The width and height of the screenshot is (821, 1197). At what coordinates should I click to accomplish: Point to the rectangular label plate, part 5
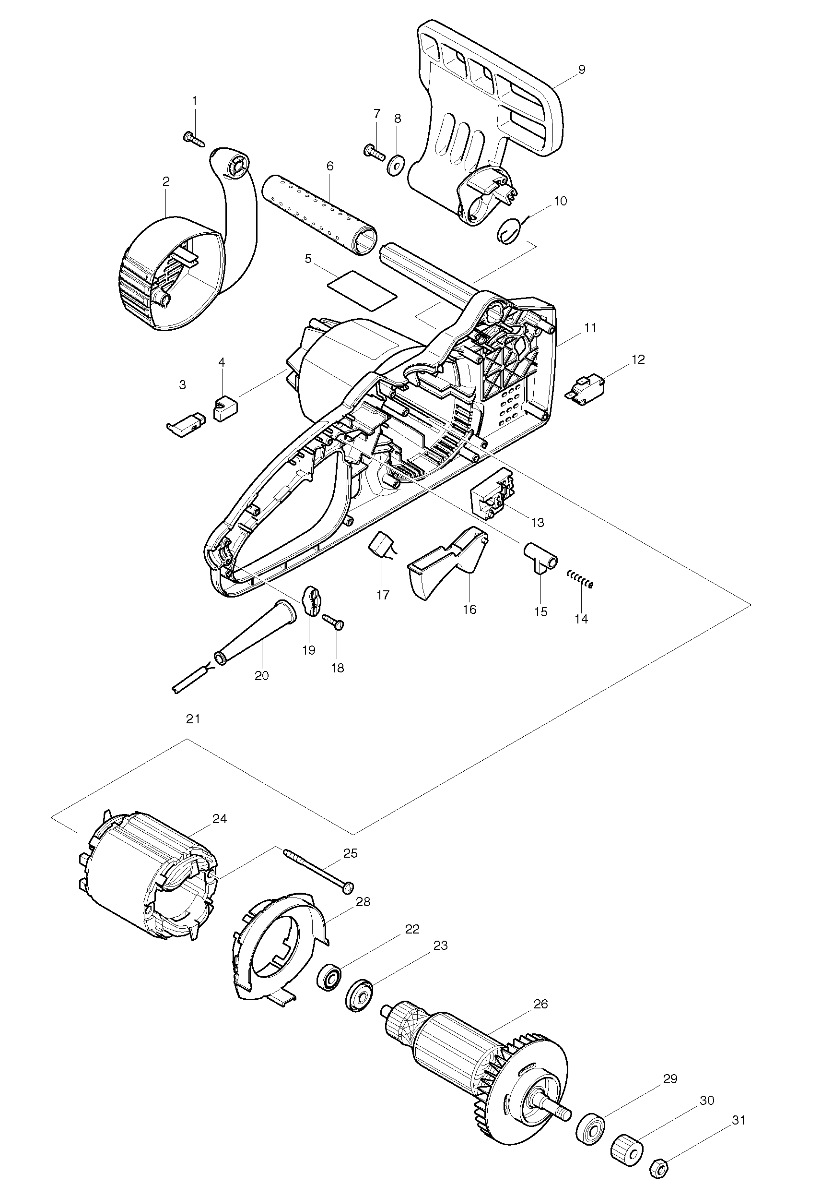pos(364,290)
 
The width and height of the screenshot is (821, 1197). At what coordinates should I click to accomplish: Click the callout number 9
pos(581,70)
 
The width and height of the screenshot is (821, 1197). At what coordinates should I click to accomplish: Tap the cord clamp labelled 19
pos(309,600)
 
